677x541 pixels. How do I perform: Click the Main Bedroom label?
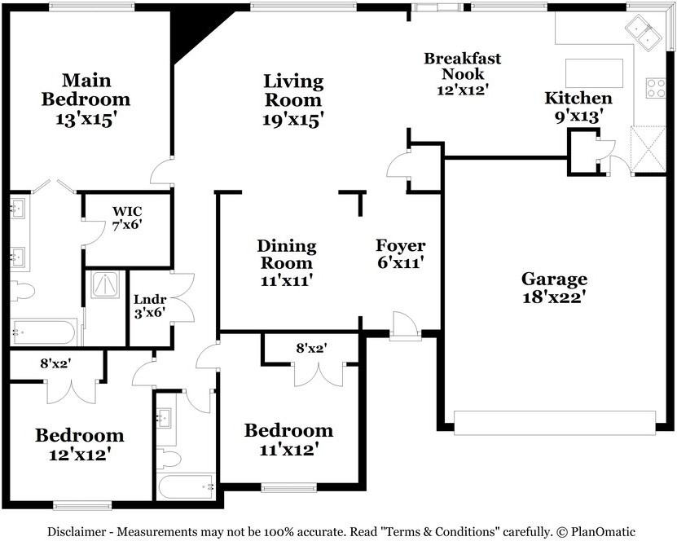click(x=86, y=90)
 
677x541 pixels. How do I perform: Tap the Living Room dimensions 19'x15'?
click(x=293, y=119)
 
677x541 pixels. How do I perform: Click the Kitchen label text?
click(x=578, y=99)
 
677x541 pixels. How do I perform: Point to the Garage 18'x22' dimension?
click(x=554, y=297)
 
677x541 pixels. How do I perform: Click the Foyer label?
click(x=400, y=246)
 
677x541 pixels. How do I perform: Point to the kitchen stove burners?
click(x=655, y=87)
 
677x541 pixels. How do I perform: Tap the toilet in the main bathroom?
click(x=22, y=290)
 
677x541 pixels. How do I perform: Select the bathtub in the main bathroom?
click(x=44, y=332)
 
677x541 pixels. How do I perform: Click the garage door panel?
click(x=554, y=423)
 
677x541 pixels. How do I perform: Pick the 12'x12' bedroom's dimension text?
click(x=79, y=454)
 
